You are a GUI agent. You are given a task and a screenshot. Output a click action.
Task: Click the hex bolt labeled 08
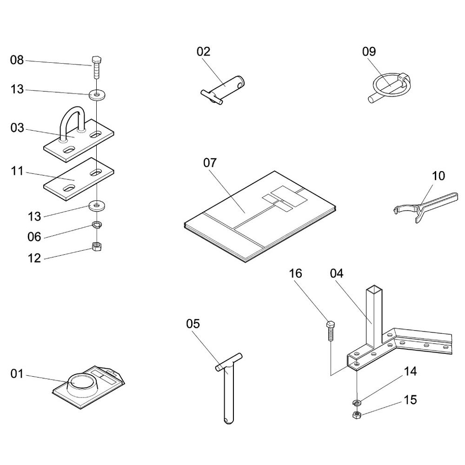pyautogui.click(x=96, y=66)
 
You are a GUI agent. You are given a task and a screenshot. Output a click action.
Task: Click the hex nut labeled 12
pyautogui.click(x=97, y=246)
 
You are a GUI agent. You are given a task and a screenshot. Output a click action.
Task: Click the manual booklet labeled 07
pyautogui.click(x=260, y=216)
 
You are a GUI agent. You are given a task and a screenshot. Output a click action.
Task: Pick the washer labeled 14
pyautogui.click(x=358, y=402)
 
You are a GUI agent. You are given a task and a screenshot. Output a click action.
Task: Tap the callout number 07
pyautogui.click(x=210, y=163)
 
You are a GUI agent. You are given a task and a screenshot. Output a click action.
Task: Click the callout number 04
pyautogui.click(x=337, y=273)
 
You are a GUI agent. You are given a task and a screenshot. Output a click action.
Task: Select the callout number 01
pyautogui.click(x=17, y=373)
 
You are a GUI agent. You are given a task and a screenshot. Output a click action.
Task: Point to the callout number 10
pyautogui.click(x=438, y=176)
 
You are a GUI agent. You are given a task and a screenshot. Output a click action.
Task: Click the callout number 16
pyautogui.click(x=295, y=273)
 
